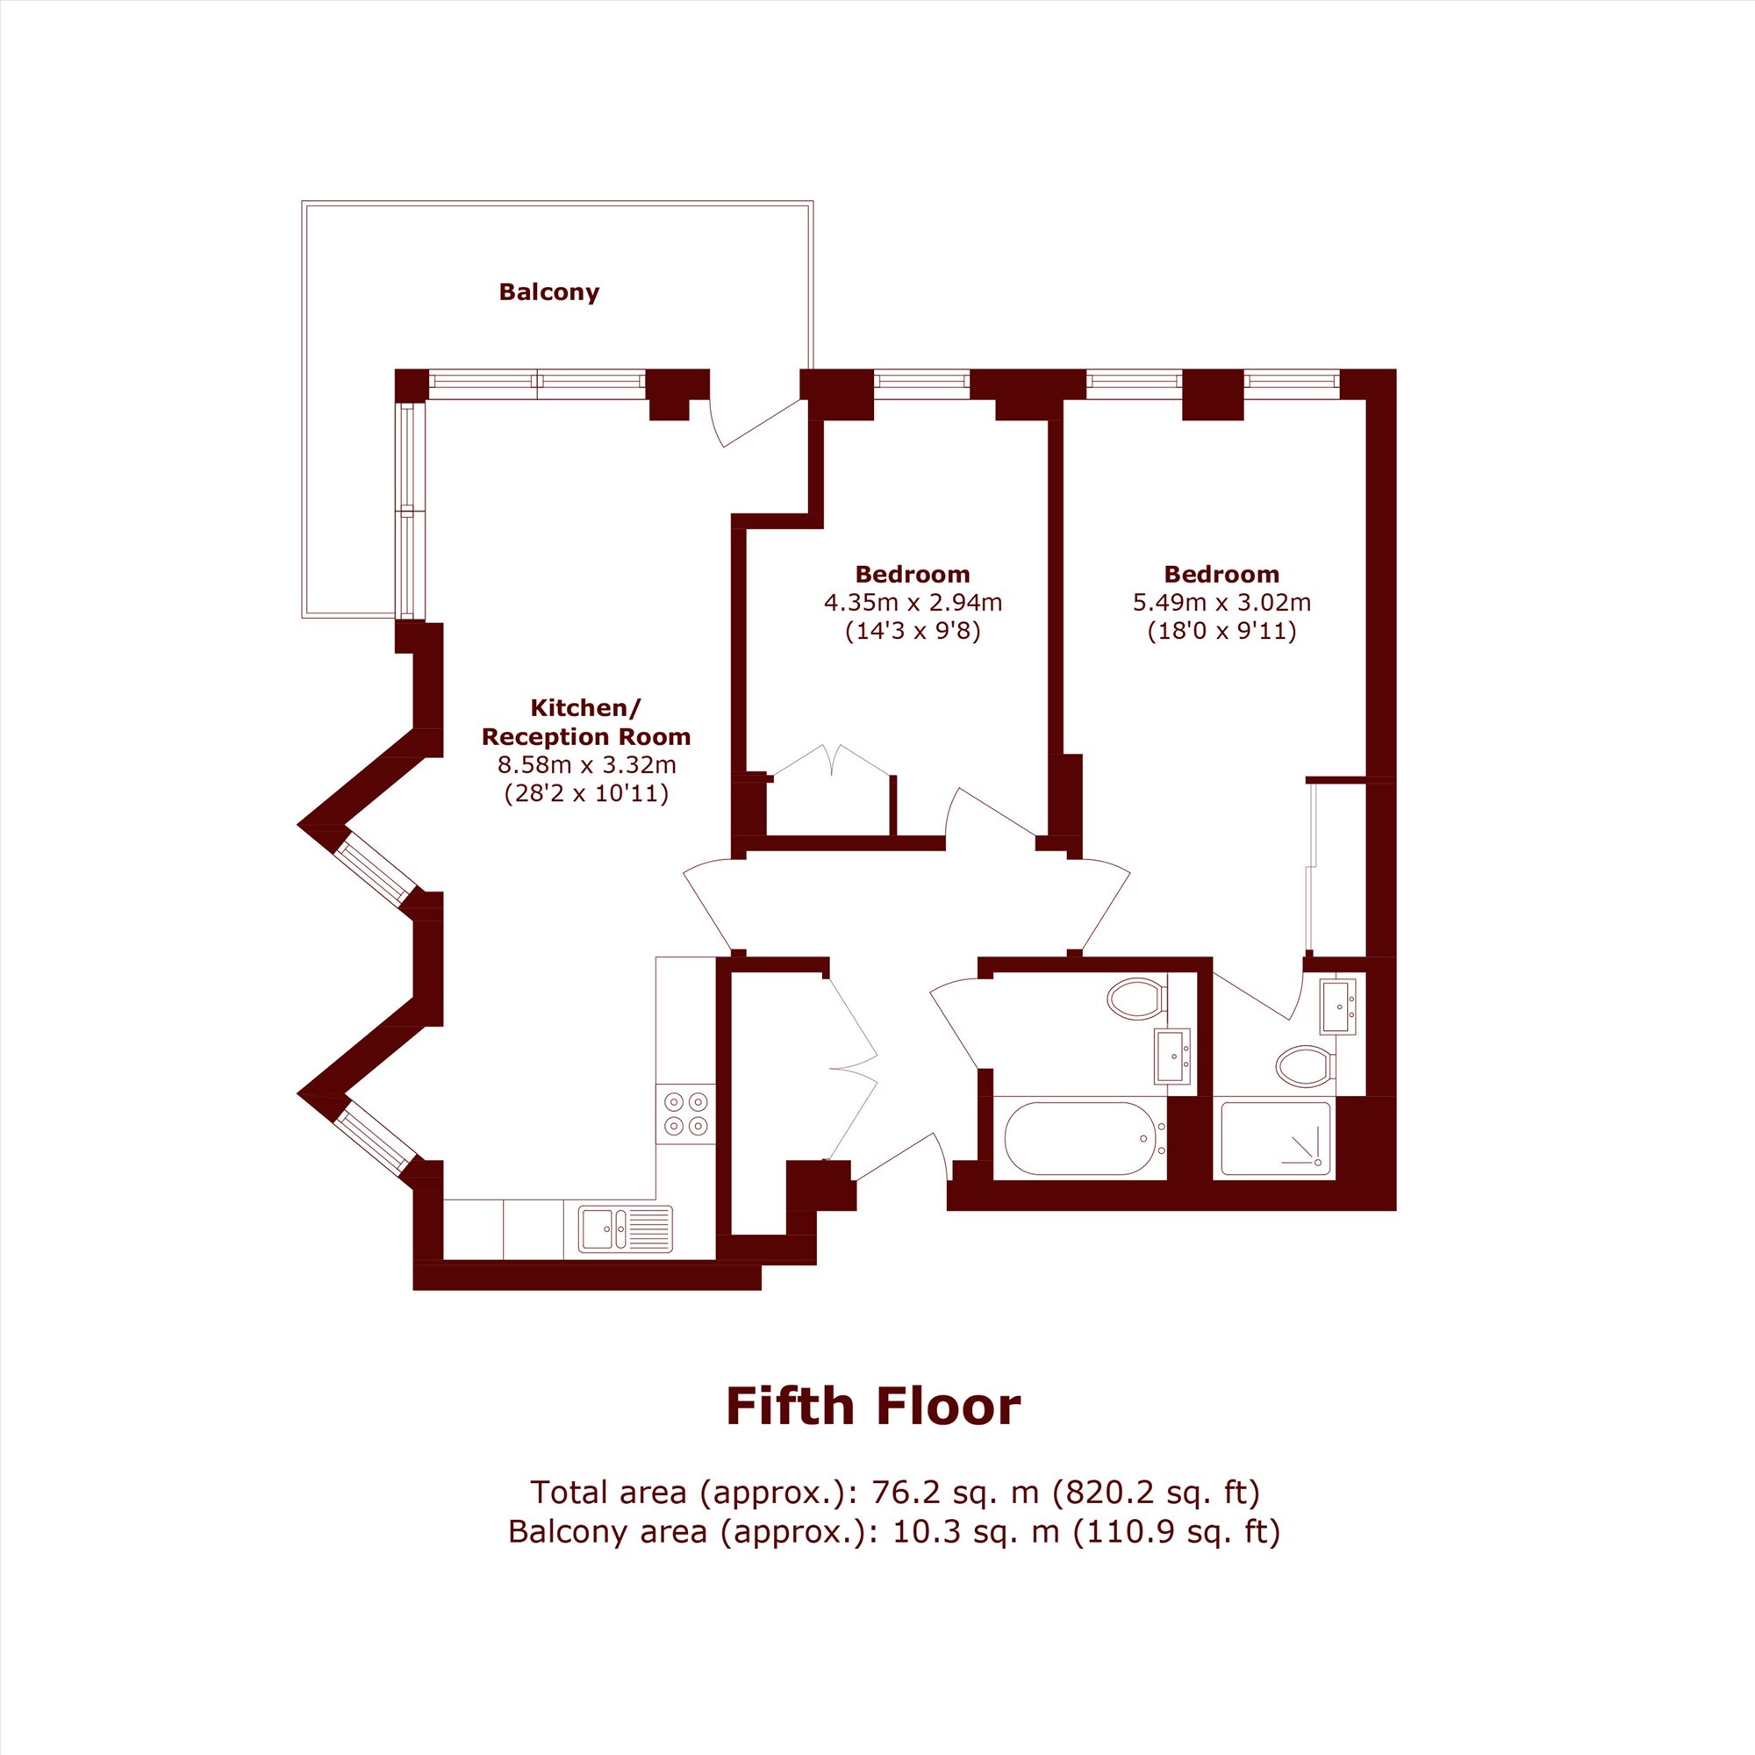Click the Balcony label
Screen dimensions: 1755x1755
click(x=548, y=292)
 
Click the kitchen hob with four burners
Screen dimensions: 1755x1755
click(x=686, y=1114)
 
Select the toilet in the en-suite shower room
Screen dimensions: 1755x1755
click(x=1305, y=1065)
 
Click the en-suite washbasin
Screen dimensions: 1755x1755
click(x=1339, y=1006)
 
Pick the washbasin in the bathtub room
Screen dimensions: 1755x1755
click(x=1173, y=1056)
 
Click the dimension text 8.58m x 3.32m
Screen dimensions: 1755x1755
click(x=587, y=765)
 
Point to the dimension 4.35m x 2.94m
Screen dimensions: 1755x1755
click(x=913, y=601)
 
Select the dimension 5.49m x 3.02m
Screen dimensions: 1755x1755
click(x=1221, y=601)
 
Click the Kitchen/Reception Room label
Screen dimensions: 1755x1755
click(x=586, y=721)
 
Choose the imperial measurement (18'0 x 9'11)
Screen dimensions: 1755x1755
click(x=1221, y=630)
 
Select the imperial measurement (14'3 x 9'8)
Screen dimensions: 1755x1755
click(x=913, y=630)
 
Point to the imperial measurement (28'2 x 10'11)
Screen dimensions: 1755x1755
click(x=587, y=794)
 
